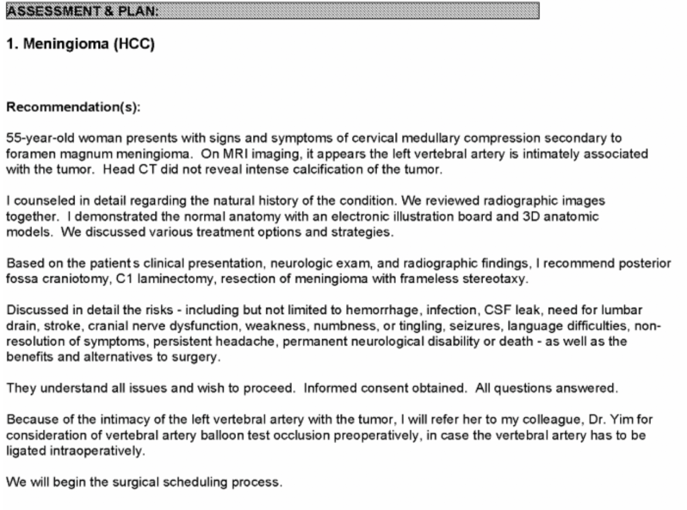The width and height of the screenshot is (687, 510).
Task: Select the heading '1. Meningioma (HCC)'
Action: [x=81, y=46]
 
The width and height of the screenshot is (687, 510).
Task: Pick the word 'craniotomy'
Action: [x=69, y=278]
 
